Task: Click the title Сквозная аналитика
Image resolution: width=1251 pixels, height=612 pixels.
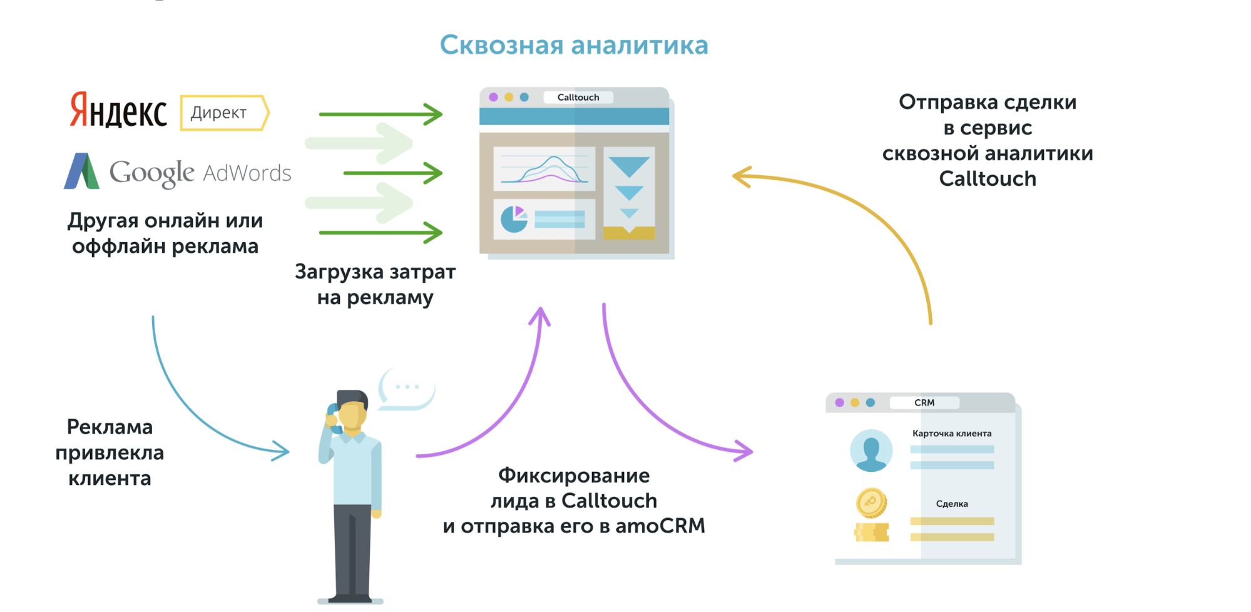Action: coord(574,45)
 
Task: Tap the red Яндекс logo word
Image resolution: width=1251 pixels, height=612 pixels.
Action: coord(118,111)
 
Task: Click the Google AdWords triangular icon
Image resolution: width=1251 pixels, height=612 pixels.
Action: coord(81,171)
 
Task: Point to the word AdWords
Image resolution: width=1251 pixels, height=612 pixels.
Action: coord(247,173)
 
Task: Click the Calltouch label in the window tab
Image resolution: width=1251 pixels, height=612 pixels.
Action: coord(578,97)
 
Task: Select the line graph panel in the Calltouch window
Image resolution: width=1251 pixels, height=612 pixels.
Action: coord(544,169)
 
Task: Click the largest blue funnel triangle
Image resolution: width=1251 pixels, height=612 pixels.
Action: coord(629,166)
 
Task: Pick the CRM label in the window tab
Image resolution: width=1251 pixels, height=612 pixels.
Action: coord(924,402)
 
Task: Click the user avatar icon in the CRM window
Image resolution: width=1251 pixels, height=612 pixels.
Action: coord(871,451)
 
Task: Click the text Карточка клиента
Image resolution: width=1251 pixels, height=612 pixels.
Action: coord(952,433)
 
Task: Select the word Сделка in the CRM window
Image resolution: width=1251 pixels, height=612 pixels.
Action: coord(952,504)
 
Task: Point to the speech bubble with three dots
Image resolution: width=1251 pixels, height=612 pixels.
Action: coord(407,389)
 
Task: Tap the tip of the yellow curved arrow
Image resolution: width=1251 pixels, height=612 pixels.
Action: coord(733,176)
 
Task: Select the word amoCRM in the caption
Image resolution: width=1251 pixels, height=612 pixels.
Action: coord(660,526)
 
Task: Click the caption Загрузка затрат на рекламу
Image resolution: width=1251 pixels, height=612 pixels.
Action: coord(375,285)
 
